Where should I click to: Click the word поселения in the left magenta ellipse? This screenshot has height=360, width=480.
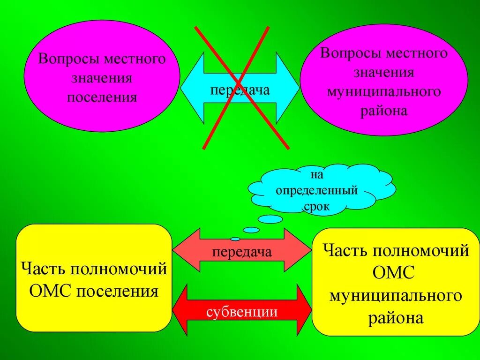pyautogui.click(x=102, y=97)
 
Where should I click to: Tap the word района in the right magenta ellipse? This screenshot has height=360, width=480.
pyautogui.click(x=384, y=112)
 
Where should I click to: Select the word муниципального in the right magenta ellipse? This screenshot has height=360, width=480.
pyautogui.click(x=384, y=91)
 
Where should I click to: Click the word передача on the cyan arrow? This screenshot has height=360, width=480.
pyautogui.click(x=240, y=90)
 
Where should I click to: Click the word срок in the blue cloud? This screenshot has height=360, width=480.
pyautogui.click(x=317, y=206)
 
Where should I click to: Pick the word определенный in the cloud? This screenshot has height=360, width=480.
pyautogui.click(x=317, y=191)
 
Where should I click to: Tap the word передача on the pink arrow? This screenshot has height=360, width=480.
pyautogui.click(x=242, y=253)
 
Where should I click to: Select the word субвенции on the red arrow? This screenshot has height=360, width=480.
pyautogui.click(x=242, y=312)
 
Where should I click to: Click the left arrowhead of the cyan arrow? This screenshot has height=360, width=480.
pyautogui.click(x=191, y=88)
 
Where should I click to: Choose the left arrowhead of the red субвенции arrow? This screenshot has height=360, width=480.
pyautogui.click(x=180, y=309)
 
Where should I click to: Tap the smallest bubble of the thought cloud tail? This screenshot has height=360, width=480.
pyautogui.click(x=235, y=239)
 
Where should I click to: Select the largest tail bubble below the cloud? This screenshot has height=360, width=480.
pyautogui.click(x=271, y=219)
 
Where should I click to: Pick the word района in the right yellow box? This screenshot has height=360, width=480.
pyautogui.click(x=396, y=318)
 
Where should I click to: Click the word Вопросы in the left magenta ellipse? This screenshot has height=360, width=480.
pyautogui.click(x=69, y=60)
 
